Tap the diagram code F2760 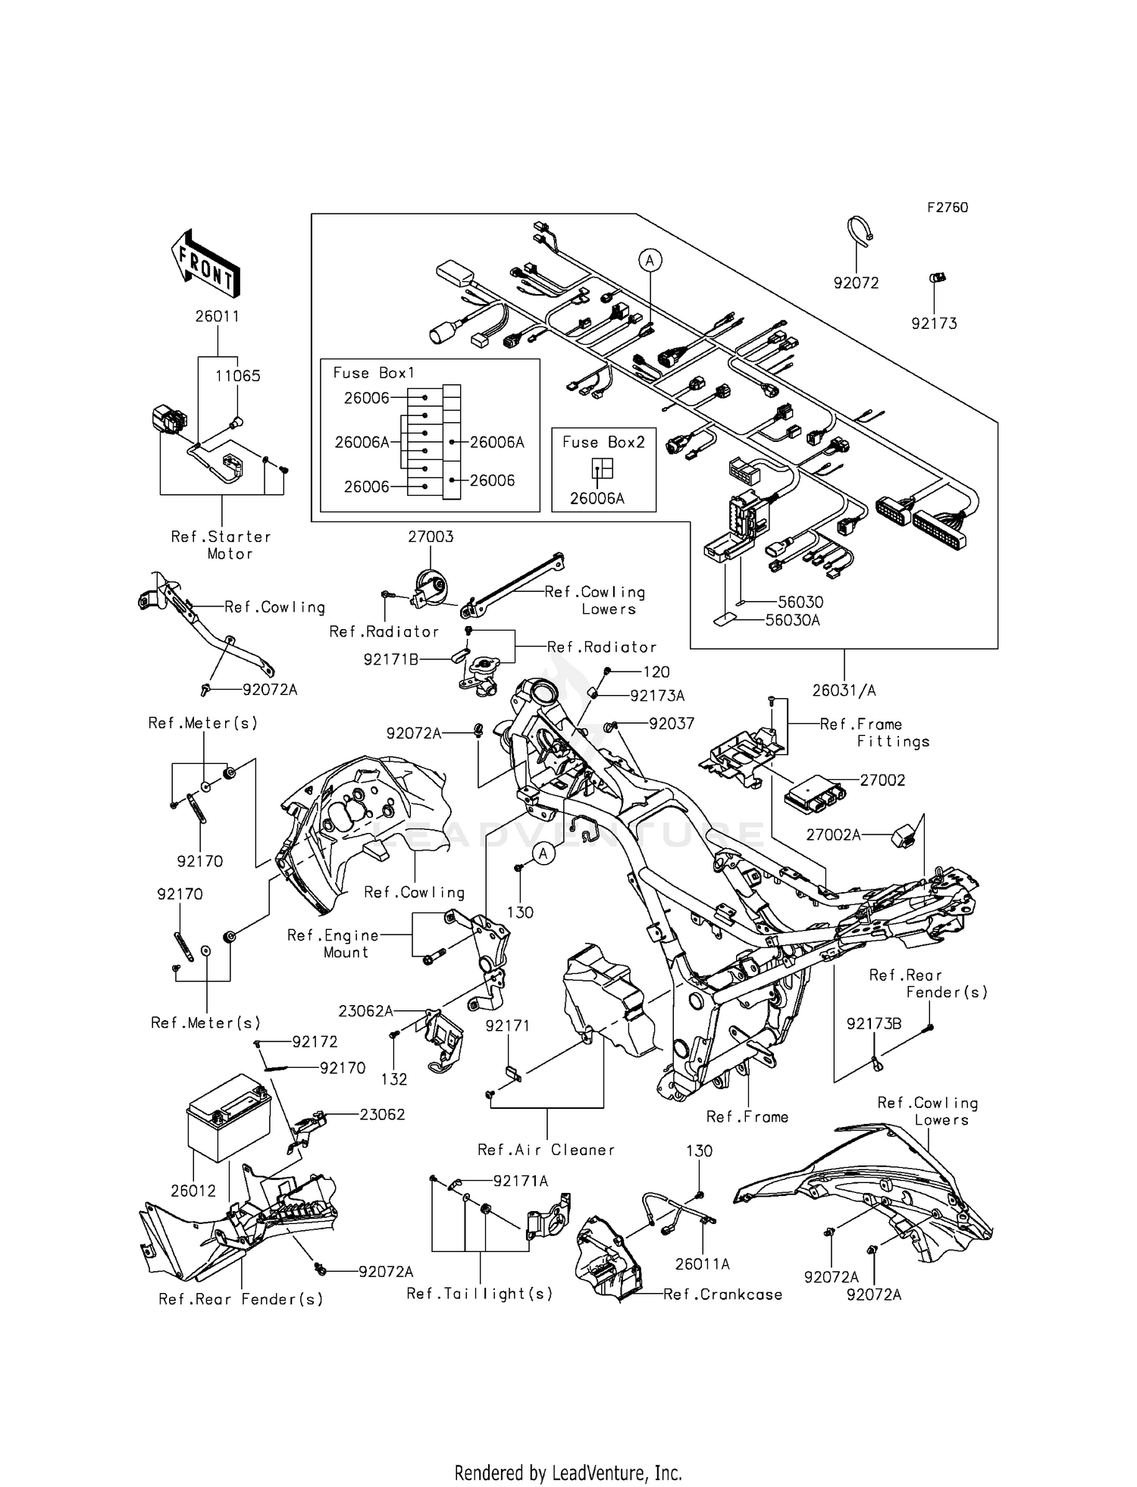(x=947, y=208)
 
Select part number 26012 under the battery (x=193, y=1191)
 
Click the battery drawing (x=227, y=1116)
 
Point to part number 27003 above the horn (x=431, y=537)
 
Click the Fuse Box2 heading (x=603, y=442)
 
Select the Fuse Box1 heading (x=374, y=373)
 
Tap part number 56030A (x=793, y=620)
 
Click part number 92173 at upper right (x=934, y=324)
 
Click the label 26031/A (x=844, y=690)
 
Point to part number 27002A (x=833, y=834)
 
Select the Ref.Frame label (x=747, y=1116)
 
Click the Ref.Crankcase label (x=722, y=1294)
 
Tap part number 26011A (x=703, y=1264)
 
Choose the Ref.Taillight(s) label (x=480, y=1294)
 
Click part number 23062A (x=365, y=1010)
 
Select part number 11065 (x=237, y=376)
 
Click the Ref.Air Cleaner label (x=546, y=1150)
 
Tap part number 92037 (x=672, y=723)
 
